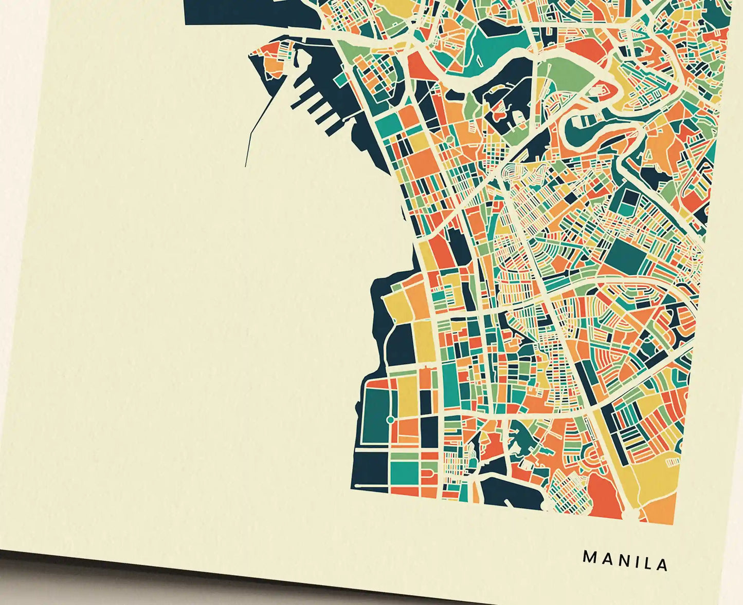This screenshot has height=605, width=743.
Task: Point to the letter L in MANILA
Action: pyautogui.click(x=647, y=563)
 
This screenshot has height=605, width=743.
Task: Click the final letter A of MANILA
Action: pyautogui.click(x=662, y=564)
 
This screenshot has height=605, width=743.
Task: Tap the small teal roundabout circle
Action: pyautogui.click(x=390, y=420)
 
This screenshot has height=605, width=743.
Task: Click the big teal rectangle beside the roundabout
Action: pyautogui.click(x=375, y=416)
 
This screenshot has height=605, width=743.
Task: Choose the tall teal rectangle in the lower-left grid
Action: pyautogui.click(x=450, y=380)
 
